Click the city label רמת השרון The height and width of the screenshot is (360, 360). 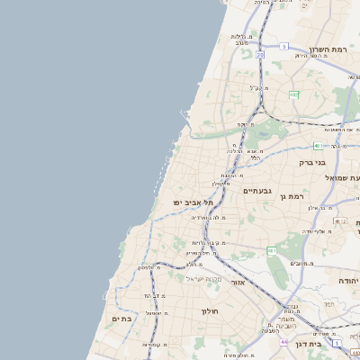pos(327,49)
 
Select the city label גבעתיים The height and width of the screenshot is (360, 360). pos(257,191)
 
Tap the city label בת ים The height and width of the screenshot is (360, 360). pos(122,319)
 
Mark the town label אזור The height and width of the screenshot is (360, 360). pos(238,283)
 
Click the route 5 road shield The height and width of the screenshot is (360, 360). pos(283,46)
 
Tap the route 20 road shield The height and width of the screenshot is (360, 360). pos(259,55)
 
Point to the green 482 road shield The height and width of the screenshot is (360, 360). pos(293,94)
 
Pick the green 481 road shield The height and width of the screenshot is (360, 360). pos(318,145)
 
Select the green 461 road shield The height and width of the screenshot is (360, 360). pos(271,250)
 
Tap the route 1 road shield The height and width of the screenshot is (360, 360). pos(335,343)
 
